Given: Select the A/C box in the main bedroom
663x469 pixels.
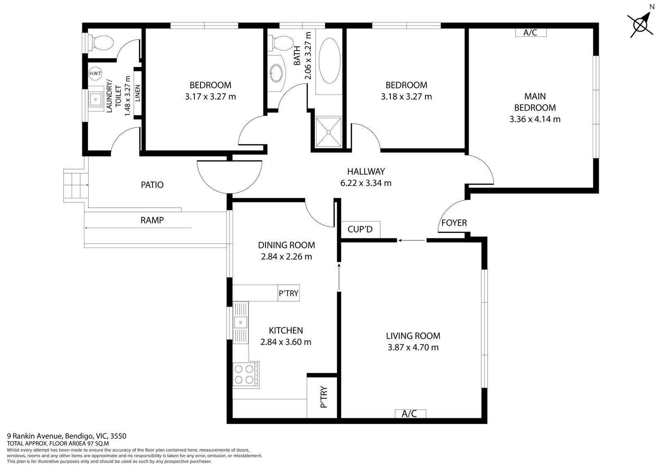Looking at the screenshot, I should (x=530, y=32).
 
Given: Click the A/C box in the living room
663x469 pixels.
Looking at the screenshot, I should (x=409, y=413).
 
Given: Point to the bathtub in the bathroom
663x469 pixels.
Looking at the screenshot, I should (x=329, y=61).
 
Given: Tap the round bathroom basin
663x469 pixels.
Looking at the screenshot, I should (x=276, y=73).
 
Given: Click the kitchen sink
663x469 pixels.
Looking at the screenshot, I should (x=240, y=322).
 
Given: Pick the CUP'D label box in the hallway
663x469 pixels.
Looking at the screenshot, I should (x=360, y=229).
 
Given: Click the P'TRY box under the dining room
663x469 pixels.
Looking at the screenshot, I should (x=288, y=293).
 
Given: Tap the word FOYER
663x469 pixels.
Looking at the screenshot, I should (x=454, y=223).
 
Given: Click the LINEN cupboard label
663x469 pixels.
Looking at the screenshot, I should (x=138, y=93).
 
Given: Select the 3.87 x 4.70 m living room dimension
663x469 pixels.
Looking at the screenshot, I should (x=413, y=347).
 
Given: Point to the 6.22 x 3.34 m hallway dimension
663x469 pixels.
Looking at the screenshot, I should (x=365, y=183).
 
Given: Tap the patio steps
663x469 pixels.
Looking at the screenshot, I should (x=76, y=185).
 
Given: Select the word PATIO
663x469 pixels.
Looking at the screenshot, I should (x=152, y=185).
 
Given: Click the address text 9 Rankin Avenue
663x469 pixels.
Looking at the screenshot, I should (x=35, y=436).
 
